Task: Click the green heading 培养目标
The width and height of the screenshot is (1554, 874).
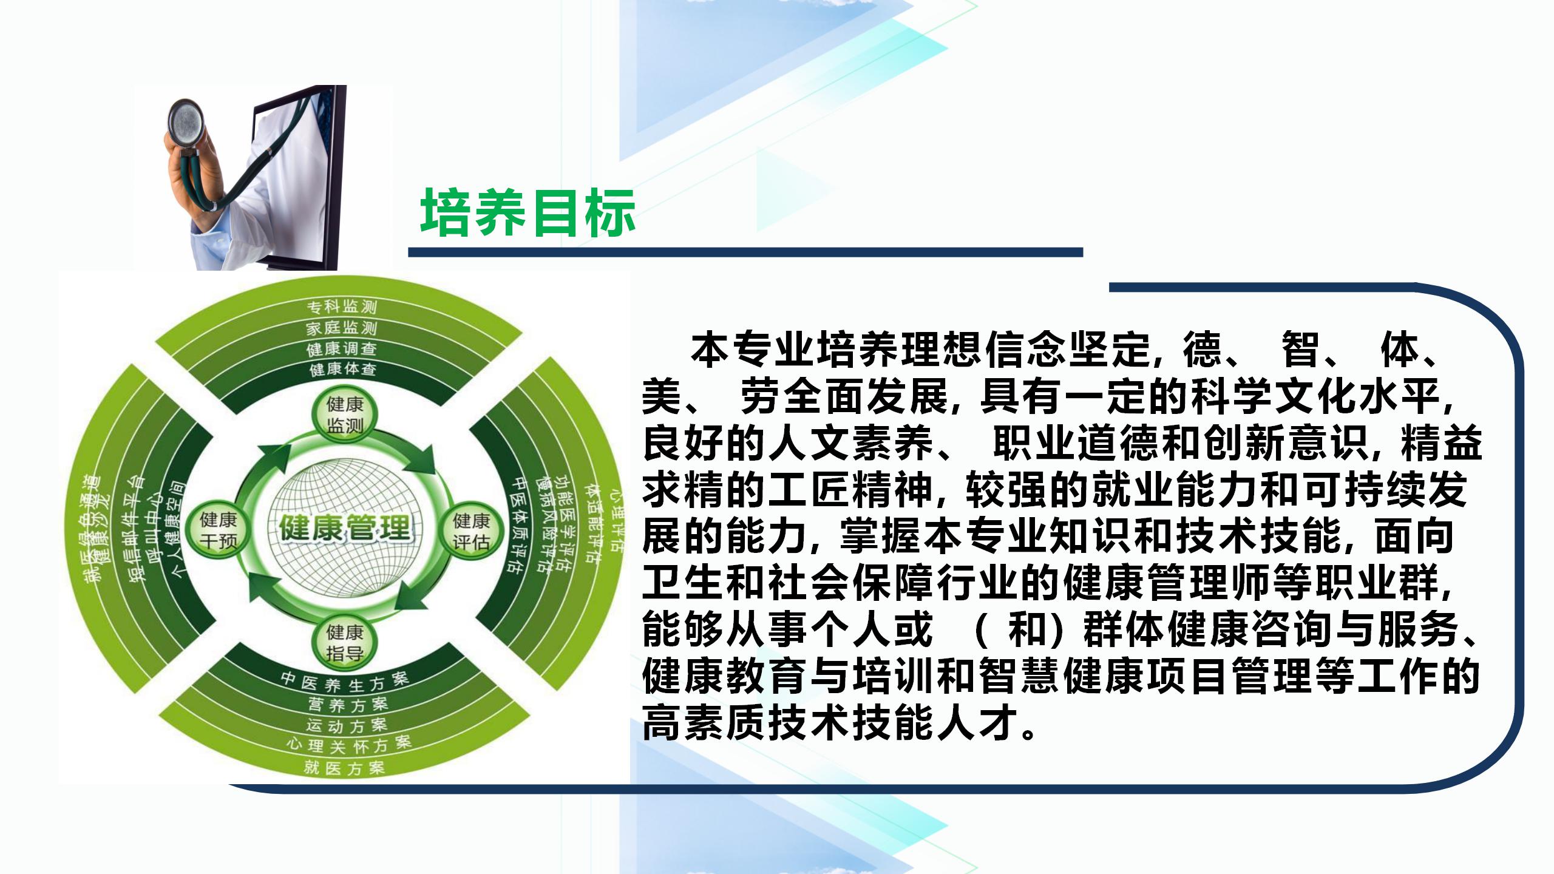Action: pos(528,212)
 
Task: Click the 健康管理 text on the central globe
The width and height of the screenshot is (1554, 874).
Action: pos(345,527)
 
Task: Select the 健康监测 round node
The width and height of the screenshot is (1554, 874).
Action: pos(345,415)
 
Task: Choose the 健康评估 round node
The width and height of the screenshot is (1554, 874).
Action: pos(471,531)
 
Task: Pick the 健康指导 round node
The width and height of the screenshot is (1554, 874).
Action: pos(345,643)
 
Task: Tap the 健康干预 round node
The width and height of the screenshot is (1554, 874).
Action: pos(219,530)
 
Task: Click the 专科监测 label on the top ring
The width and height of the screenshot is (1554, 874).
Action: pos(341,306)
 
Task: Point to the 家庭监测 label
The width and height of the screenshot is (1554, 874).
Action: pos(341,328)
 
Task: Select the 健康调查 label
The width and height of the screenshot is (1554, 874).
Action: pos(342,349)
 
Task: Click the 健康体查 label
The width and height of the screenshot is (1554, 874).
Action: pos(343,369)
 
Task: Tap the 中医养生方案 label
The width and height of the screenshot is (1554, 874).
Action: pos(344,682)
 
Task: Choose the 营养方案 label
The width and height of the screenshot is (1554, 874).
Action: pos(348,705)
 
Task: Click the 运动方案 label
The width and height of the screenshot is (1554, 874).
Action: pos(347,725)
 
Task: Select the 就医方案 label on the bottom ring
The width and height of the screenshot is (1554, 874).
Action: pos(344,768)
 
